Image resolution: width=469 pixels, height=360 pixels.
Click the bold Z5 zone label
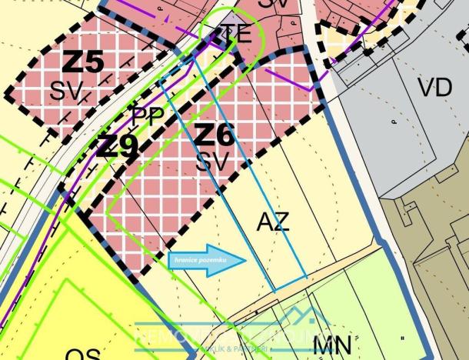82,62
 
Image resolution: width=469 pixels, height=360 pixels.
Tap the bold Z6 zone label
213,136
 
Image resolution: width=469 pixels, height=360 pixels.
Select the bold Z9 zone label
117,146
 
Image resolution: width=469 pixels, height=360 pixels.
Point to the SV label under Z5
68,92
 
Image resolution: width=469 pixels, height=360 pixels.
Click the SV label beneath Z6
212,162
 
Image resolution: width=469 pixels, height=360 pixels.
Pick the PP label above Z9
147,118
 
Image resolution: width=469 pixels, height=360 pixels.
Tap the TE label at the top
236,34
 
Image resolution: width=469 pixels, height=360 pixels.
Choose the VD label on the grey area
434,87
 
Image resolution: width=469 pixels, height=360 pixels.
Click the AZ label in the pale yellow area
273,223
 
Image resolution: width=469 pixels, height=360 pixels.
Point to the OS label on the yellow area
83,355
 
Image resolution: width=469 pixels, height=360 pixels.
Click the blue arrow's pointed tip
245,260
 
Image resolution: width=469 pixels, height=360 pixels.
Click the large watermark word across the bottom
231,335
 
